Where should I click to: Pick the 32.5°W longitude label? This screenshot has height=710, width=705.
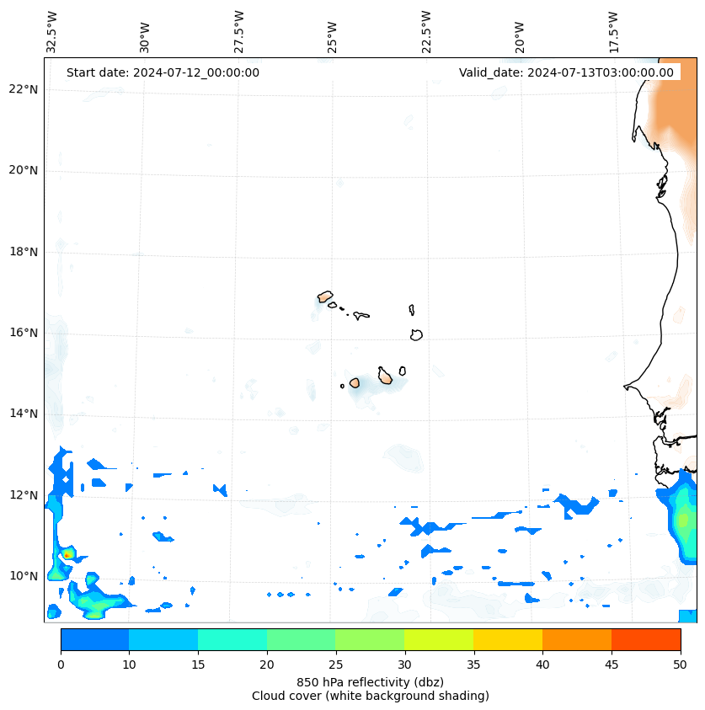click(x=52, y=31)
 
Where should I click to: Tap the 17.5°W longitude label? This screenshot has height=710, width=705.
click(x=613, y=31)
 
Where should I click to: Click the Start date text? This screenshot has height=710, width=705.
click(x=163, y=72)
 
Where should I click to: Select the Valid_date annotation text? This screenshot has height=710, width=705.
click(x=566, y=72)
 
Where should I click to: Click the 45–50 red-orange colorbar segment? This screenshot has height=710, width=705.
click(x=646, y=639)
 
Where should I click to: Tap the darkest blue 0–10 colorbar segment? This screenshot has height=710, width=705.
click(x=94, y=639)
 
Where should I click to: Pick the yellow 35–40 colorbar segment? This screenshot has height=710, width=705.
click(x=508, y=639)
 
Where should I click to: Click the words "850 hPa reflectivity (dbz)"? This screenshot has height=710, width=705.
click(x=370, y=681)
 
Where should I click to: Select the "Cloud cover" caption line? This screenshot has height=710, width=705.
click(x=370, y=696)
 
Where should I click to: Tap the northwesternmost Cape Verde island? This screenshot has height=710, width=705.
click(x=325, y=296)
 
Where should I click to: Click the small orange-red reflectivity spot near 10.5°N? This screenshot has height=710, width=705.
click(x=67, y=555)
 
